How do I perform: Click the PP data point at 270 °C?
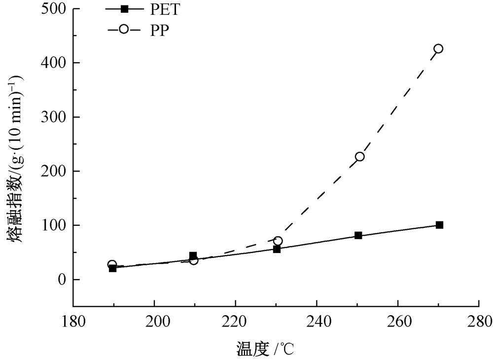pos(438,48)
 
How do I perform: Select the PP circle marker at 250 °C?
pos(360,156)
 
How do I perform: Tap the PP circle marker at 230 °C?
pos(278,241)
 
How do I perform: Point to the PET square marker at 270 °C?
pos(439,225)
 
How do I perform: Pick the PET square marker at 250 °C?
pos(358,236)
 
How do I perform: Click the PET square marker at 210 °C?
pos(193,256)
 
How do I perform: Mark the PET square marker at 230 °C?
pos(277,249)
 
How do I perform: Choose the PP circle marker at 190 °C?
pos(112,265)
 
